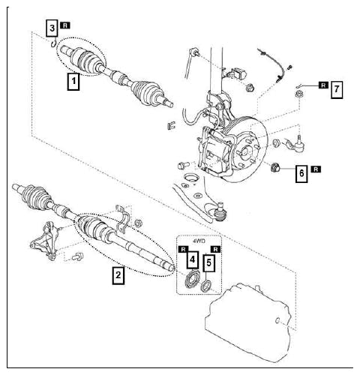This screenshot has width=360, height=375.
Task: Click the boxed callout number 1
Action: pyautogui.click(x=73, y=80)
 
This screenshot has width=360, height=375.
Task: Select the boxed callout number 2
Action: pyautogui.click(x=118, y=275)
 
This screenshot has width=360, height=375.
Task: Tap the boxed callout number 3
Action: pyautogui.click(x=52, y=28)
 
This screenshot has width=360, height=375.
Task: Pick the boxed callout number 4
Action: pyautogui.click(x=192, y=260)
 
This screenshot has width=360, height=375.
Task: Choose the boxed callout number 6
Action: pyautogui.click(x=301, y=173)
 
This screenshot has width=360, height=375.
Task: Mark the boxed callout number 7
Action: pyautogui.click(x=337, y=88)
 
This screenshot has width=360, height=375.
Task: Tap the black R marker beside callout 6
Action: pyautogui.click(x=316, y=170)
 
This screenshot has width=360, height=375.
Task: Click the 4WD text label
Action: pyautogui.click(x=199, y=242)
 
